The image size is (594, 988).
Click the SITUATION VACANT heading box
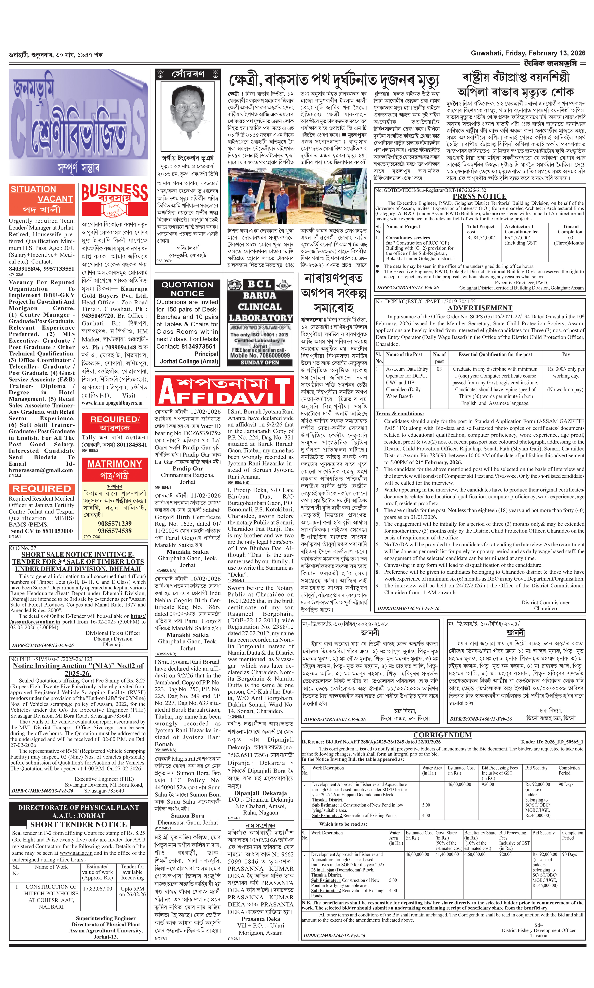(42, 199)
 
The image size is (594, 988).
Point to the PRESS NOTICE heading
(479, 196)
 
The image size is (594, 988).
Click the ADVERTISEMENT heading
(479, 308)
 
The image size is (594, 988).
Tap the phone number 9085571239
(115, 523)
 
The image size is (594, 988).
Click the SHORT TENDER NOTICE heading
(78, 825)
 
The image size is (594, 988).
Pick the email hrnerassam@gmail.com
(41, 470)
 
